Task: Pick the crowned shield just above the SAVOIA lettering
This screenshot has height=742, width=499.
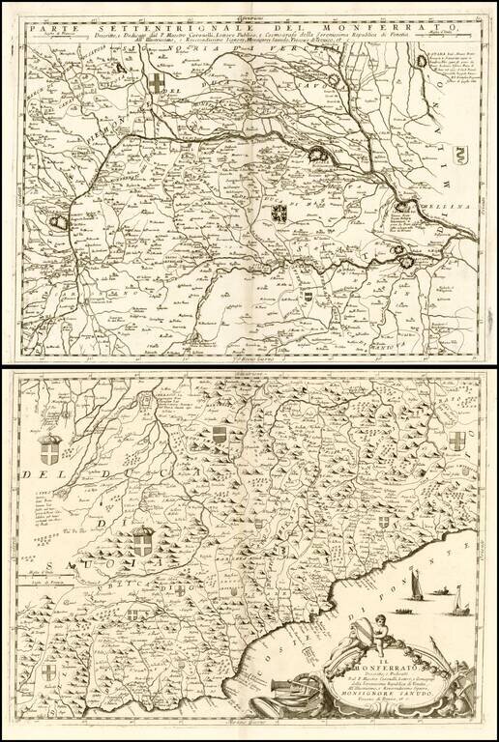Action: coord(143,542)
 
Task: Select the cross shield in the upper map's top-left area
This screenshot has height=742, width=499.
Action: coord(159,82)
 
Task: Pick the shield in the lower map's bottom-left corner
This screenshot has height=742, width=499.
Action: coord(48,672)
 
